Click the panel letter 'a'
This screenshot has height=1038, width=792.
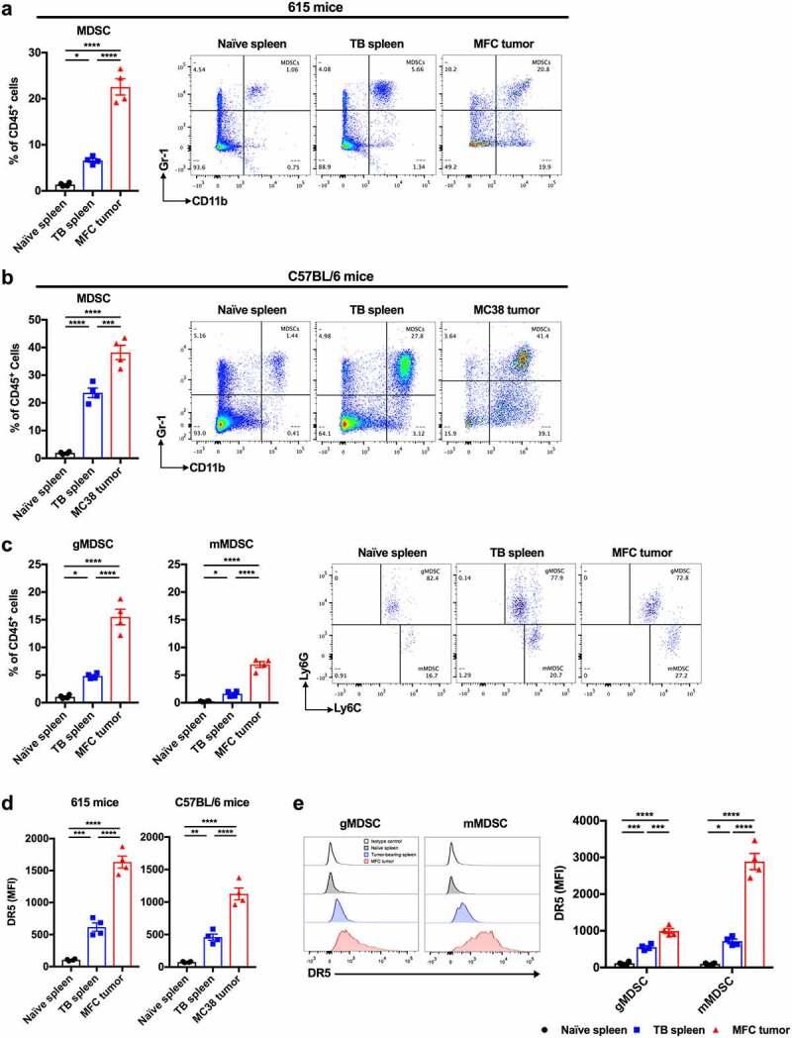tap(7, 8)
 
